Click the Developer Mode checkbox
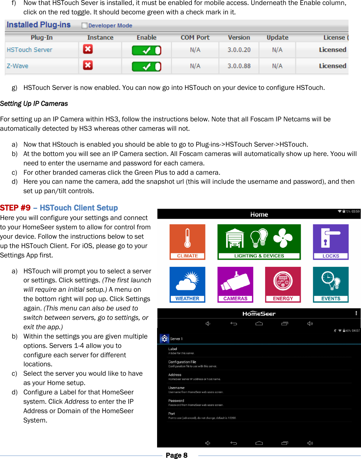tap(84, 26)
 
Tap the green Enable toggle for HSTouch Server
tap(146, 50)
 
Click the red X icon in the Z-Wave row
tap(88, 65)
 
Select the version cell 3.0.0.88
tap(239, 66)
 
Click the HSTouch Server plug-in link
tap(29, 50)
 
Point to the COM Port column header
tap(195, 37)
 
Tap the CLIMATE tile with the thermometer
tap(187, 242)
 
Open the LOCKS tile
tap(331, 242)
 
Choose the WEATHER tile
tap(187, 284)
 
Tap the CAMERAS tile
tap(235, 284)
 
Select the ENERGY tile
tap(283, 284)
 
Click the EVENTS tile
tap(331, 284)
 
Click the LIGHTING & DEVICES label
tap(259, 256)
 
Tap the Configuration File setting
tap(182, 364)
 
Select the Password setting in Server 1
tap(176, 402)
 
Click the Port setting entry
tap(172, 415)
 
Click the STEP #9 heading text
tap(15, 208)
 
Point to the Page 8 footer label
tap(176, 455)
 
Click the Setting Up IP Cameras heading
tap(34, 104)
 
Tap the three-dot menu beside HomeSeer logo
tap(356, 313)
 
